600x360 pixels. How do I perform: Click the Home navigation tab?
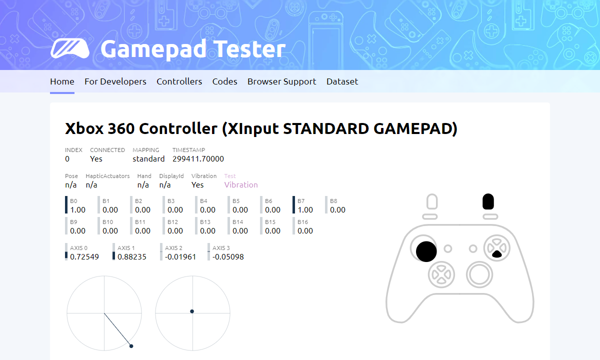click(62, 81)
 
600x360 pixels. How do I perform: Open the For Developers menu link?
click(115, 81)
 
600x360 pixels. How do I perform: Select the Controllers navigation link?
click(179, 81)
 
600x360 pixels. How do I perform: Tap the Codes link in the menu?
click(224, 81)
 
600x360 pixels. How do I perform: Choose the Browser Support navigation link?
click(282, 81)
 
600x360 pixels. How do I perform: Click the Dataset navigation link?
click(342, 81)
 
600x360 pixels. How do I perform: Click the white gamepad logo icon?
click(70, 48)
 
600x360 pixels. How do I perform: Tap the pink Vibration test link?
click(241, 185)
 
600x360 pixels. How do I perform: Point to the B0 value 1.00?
click(77, 209)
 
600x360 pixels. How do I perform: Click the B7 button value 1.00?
click(305, 209)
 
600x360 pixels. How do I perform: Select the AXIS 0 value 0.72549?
click(84, 257)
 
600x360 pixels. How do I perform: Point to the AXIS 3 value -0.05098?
click(228, 257)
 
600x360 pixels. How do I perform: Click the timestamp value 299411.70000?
click(198, 159)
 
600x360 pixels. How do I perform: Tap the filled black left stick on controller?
click(426, 251)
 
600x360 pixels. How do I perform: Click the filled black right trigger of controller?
click(488, 201)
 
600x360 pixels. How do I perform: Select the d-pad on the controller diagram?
click(441, 274)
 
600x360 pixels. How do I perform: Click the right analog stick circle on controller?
click(479, 274)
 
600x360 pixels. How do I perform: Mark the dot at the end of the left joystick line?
click(131, 346)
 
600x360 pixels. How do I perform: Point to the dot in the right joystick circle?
click(192, 311)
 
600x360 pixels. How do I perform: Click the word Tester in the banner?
click(249, 49)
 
